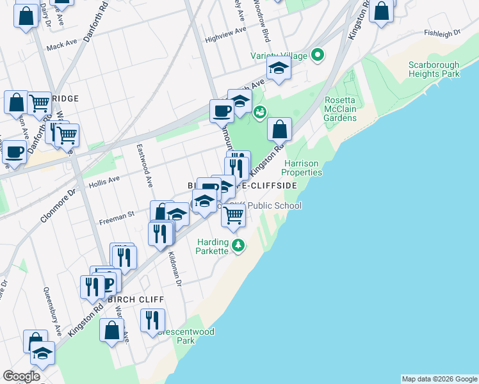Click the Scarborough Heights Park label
click(x=434, y=70)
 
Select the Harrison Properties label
click(x=303, y=168)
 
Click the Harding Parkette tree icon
click(x=239, y=246)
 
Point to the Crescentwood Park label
click(x=186, y=336)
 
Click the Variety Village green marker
click(x=316, y=56)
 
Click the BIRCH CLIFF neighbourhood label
click(x=136, y=300)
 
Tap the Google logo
click(x=20, y=376)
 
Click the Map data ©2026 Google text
click(x=439, y=379)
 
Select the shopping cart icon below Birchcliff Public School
click(x=234, y=216)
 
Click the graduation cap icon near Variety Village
click(x=279, y=68)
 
